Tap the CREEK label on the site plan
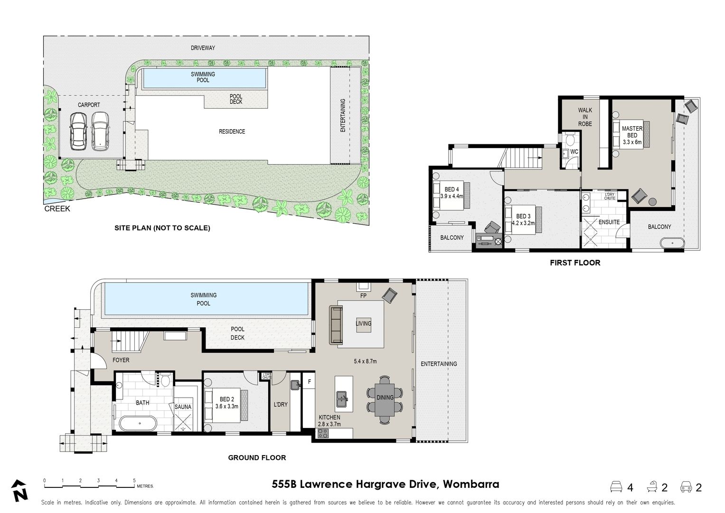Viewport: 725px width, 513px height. coord(57,209)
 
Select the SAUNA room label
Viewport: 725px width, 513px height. coord(183,407)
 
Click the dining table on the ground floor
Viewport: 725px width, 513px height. coord(385,399)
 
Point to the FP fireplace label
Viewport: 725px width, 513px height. coord(363,295)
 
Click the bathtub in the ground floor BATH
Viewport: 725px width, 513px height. coord(138,423)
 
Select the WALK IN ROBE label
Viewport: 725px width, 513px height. coord(585,117)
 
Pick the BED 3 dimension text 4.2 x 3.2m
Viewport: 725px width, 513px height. coord(523,223)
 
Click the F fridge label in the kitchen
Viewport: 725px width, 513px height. coord(310,382)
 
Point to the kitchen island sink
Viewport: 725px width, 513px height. coord(342,398)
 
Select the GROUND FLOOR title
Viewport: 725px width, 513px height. coord(257,457)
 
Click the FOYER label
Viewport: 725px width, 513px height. coord(121,360)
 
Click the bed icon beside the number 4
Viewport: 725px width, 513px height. coord(616,487)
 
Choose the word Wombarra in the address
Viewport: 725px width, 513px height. coord(471,484)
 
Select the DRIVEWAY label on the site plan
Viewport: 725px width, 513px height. coord(203,48)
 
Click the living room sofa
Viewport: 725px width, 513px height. coord(336,325)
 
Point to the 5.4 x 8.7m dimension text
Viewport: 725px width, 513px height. coord(365,361)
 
